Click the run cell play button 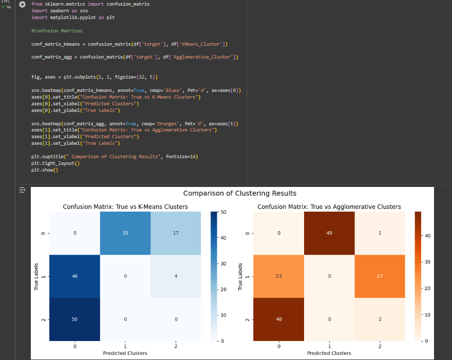pyautogui.click(x=22, y=4)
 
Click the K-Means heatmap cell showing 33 pyautogui.click(x=125, y=233)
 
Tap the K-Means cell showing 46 pyautogui.click(x=75, y=276)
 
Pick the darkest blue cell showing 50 pyautogui.click(x=75, y=319)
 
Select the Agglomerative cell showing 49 pyautogui.click(x=329, y=233)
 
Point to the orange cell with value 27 pyautogui.click(x=380, y=276)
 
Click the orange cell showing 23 pyautogui.click(x=278, y=276)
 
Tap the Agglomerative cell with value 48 pyautogui.click(x=278, y=319)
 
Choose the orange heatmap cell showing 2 pyautogui.click(x=380, y=319)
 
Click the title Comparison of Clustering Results pyautogui.click(x=239, y=194)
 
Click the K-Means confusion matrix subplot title pyautogui.click(x=125, y=206)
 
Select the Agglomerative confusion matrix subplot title pyautogui.click(x=329, y=206)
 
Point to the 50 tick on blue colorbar pyautogui.click(x=222, y=212)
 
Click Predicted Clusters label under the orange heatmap pyautogui.click(x=329, y=353)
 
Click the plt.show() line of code pyautogui.click(x=45, y=170)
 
